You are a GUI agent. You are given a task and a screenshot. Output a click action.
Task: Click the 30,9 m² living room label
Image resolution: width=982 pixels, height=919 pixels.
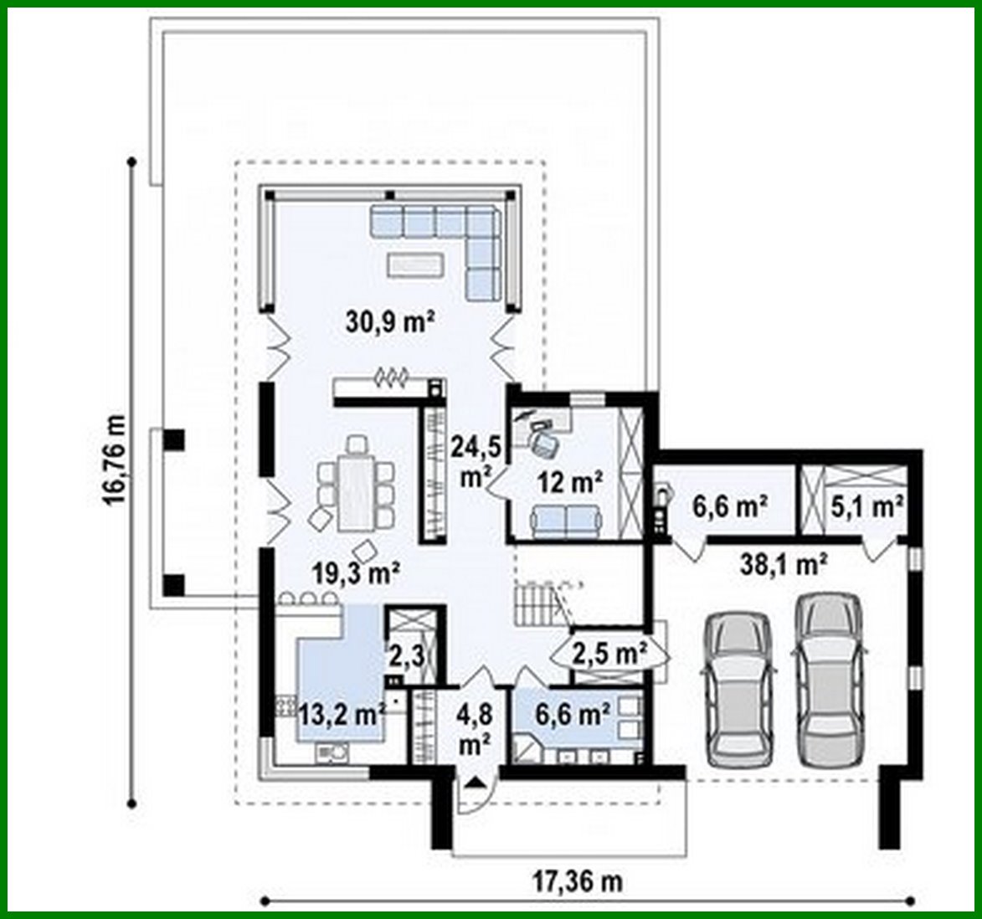click(388, 321)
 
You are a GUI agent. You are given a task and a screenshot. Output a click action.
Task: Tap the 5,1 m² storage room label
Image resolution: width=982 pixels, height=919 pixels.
click(867, 506)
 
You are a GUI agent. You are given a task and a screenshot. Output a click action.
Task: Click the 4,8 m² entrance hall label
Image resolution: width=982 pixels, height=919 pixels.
click(474, 730)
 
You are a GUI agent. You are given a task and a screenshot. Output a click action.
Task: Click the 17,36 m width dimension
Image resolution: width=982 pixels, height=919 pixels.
click(578, 881)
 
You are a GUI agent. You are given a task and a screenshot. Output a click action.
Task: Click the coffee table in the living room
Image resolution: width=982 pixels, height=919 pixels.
click(414, 264)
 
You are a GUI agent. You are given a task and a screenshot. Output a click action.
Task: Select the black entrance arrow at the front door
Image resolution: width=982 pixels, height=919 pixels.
click(475, 783)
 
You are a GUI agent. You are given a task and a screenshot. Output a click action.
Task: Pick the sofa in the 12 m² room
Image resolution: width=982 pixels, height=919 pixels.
click(566, 520)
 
